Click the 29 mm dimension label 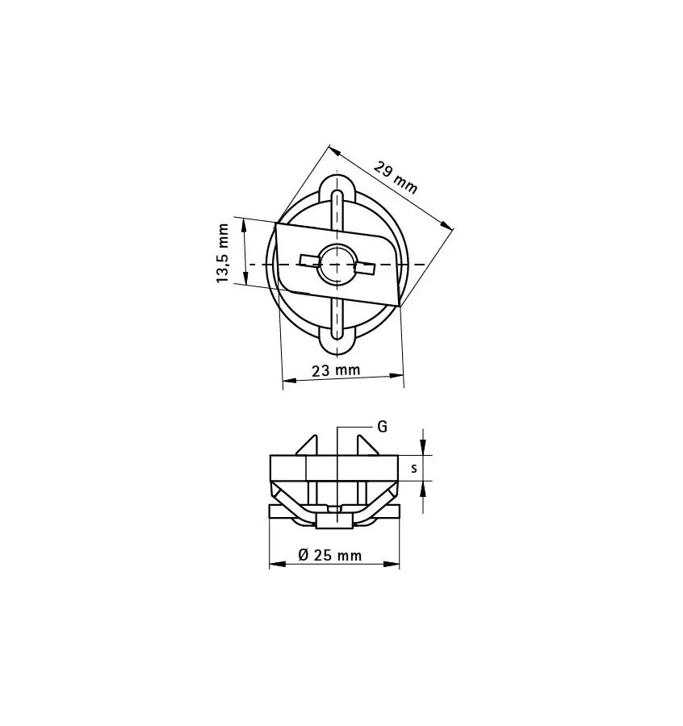point(396,177)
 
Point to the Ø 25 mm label point(329,555)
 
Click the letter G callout point(382,427)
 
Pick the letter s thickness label point(413,468)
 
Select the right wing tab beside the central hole point(365,268)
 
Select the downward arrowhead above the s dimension point(424,449)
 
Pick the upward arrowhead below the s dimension point(424,487)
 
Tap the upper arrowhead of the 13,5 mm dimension point(245,223)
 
